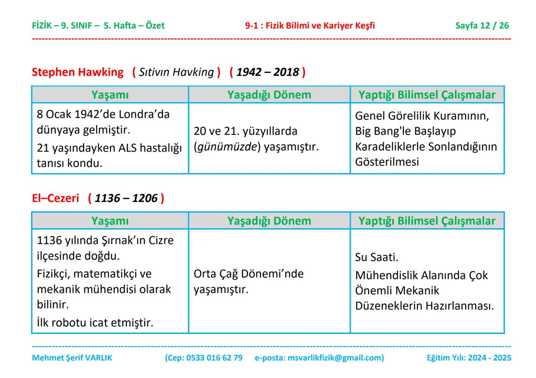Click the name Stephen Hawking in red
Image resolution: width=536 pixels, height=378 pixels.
click(x=77, y=72)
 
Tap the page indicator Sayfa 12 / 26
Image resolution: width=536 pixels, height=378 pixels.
click(x=482, y=26)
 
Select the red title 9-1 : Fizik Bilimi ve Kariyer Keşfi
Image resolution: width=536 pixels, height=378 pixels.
click(x=310, y=26)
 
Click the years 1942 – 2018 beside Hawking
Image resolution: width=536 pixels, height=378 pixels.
click(x=267, y=72)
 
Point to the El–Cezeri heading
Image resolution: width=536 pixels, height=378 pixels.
click(x=55, y=198)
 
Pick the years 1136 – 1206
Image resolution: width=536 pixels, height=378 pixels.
click(x=126, y=198)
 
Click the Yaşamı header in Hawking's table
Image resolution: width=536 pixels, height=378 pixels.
click(x=110, y=95)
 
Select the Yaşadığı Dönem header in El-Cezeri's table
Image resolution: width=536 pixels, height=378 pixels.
click(x=269, y=221)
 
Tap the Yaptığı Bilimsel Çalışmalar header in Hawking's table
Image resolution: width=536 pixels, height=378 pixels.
click(x=427, y=95)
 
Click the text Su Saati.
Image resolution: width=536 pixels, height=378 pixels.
click(x=376, y=257)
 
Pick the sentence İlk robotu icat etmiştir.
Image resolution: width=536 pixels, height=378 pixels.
click(x=95, y=322)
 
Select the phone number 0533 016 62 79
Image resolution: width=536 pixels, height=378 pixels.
click(x=214, y=358)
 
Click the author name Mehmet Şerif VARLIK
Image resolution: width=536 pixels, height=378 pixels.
click(x=72, y=358)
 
